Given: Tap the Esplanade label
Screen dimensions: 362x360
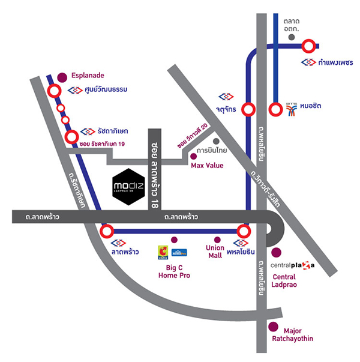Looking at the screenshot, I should pyautogui.click(x=88, y=75).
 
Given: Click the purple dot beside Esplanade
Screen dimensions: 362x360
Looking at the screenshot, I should pyautogui.click(x=63, y=77).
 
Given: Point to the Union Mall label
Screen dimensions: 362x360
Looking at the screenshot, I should pyautogui.click(x=215, y=252).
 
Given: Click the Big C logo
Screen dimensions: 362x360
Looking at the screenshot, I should pyautogui.click(x=162, y=252).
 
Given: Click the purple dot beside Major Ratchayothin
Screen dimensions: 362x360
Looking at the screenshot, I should pyautogui.click(x=273, y=327).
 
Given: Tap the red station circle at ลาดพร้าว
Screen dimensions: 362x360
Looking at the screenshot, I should pyautogui.click(x=107, y=231).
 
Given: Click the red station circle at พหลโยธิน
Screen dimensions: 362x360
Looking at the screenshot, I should pyautogui.click(x=244, y=231).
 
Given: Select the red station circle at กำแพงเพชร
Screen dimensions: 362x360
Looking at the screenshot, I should pyautogui.click(x=309, y=46).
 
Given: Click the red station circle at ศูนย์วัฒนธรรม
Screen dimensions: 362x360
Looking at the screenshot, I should pyautogui.click(x=53, y=91).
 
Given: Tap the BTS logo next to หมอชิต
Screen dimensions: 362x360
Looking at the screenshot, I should pyautogui.click(x=292, y=106).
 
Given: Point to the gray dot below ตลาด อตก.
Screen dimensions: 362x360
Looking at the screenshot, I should pyautogui.click(x=292, y=37).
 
